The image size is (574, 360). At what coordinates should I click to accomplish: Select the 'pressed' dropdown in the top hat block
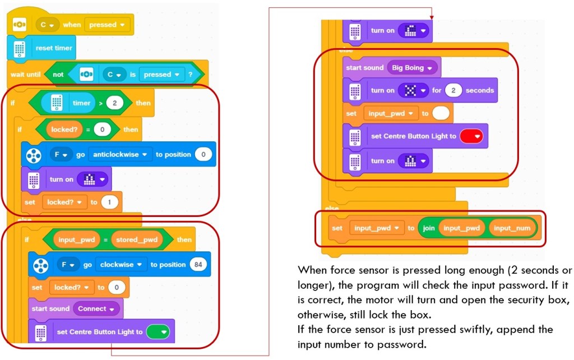pos(107,25)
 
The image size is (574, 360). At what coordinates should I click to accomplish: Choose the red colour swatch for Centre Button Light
pos(471,136)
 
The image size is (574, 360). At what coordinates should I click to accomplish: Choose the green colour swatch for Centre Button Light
pos(158,332)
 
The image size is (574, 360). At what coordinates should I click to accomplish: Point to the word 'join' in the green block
pos(429,228)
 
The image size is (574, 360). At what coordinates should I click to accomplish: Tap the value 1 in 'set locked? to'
pos(110,202)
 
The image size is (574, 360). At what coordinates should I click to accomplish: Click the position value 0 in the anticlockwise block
pos(204,155)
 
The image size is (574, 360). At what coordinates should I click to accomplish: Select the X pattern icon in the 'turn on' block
pos(414,90)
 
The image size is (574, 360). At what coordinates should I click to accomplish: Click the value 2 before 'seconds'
pos(453,90)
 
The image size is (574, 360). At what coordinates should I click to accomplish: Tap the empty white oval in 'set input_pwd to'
pos(441,113)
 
